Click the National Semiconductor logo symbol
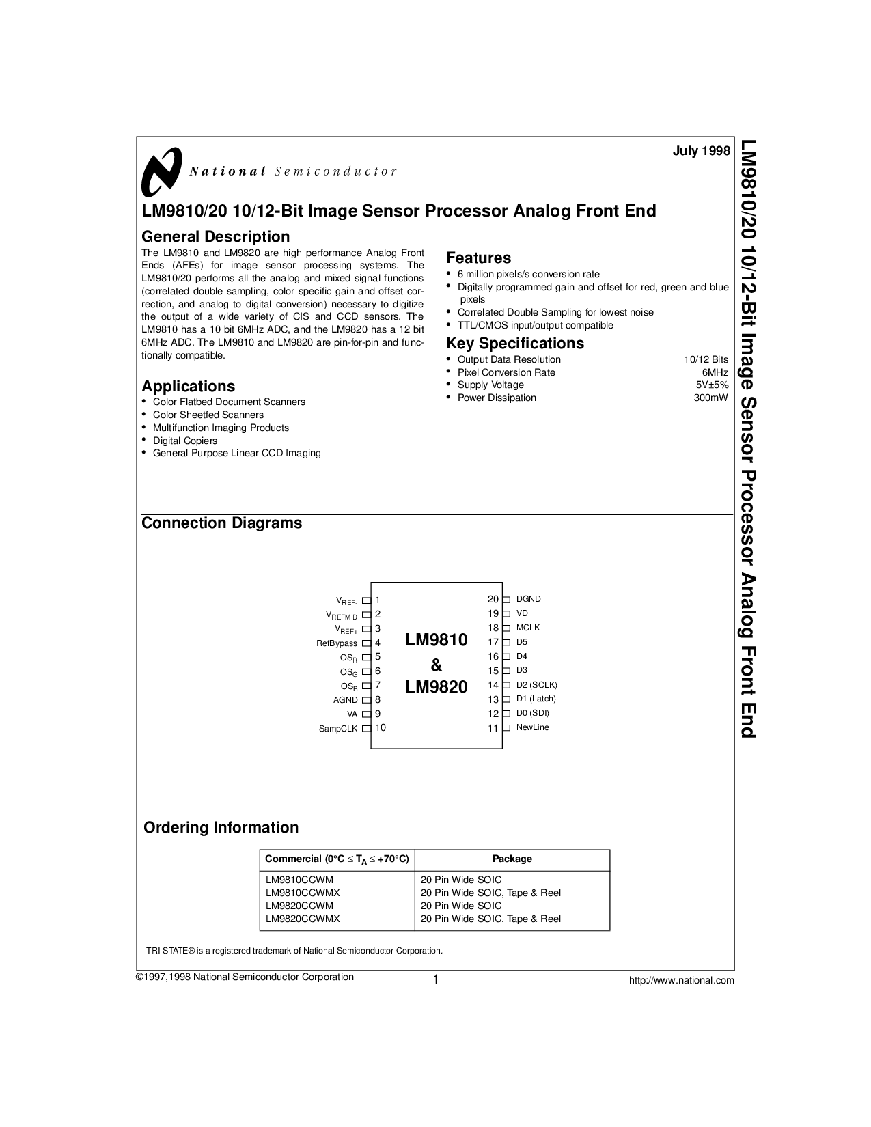[161, 171]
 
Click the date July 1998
[702, 151]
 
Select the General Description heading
[215, 236]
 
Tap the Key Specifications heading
[515, 343]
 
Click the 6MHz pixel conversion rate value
[715, 372]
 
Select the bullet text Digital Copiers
[184, 441]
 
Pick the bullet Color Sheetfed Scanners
[208, 415]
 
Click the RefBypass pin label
[337, 643]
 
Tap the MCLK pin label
[528, 627]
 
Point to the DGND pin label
[529, 599]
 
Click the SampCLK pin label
[338, 729]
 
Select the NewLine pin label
[533, 727]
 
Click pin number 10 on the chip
[381, 727]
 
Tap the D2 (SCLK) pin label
[537, 684]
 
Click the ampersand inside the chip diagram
[436, 665]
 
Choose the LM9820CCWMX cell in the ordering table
[302, 919]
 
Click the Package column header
[512, 859]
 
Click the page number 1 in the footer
[434, 980]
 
